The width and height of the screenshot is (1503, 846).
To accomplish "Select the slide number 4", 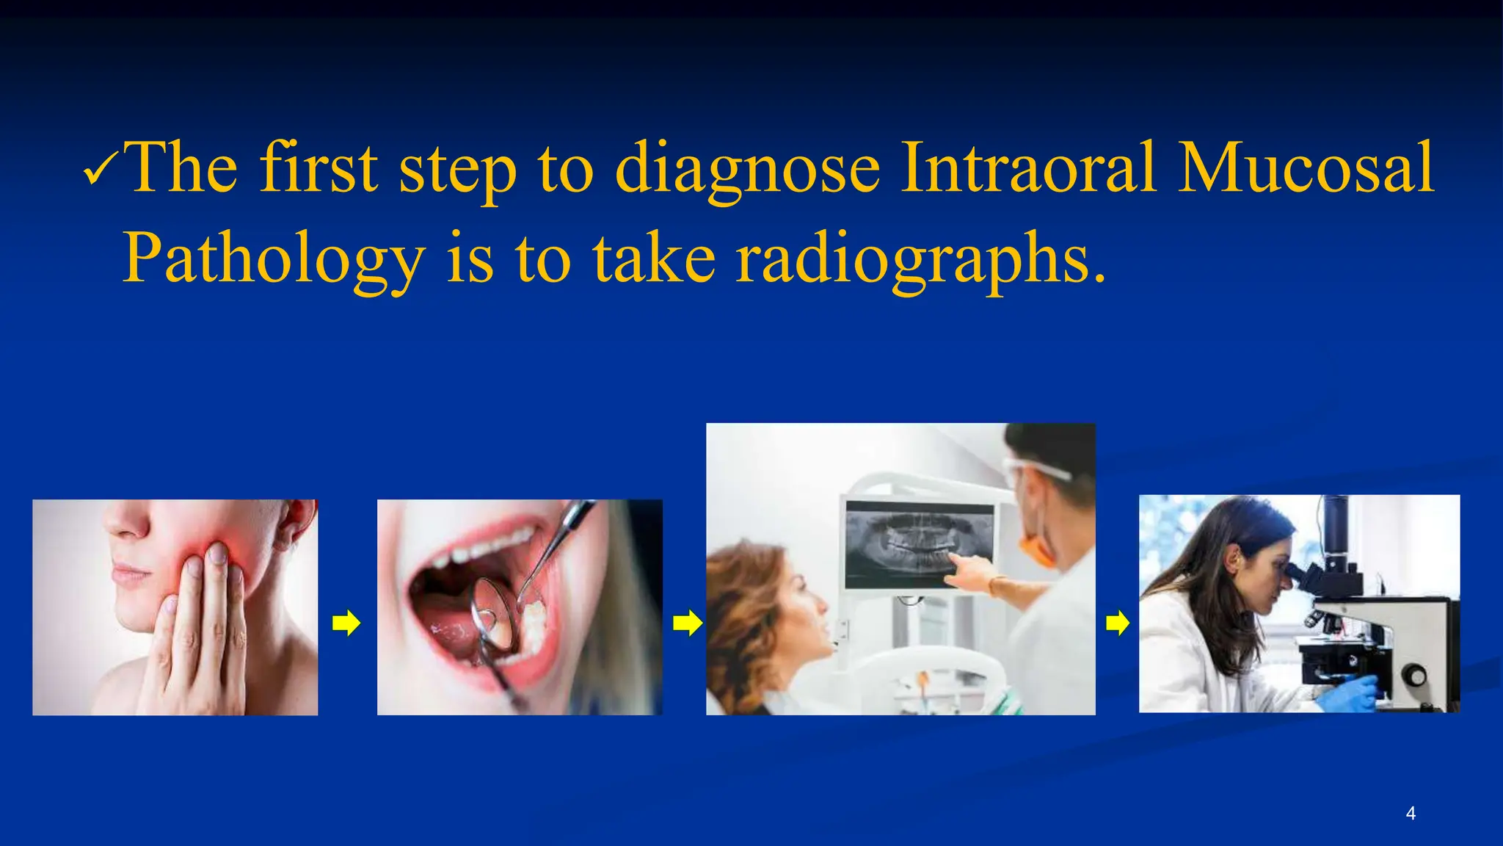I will [x=1410, y=814].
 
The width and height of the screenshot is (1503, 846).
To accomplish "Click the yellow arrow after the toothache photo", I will [x=346, y=623].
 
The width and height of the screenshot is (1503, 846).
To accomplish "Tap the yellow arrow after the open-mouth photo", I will [x=687, y=623].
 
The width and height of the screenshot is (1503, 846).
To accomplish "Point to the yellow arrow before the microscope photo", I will [x=1117, y=623].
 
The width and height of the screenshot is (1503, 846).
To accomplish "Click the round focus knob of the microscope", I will [x=1413, y=674].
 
